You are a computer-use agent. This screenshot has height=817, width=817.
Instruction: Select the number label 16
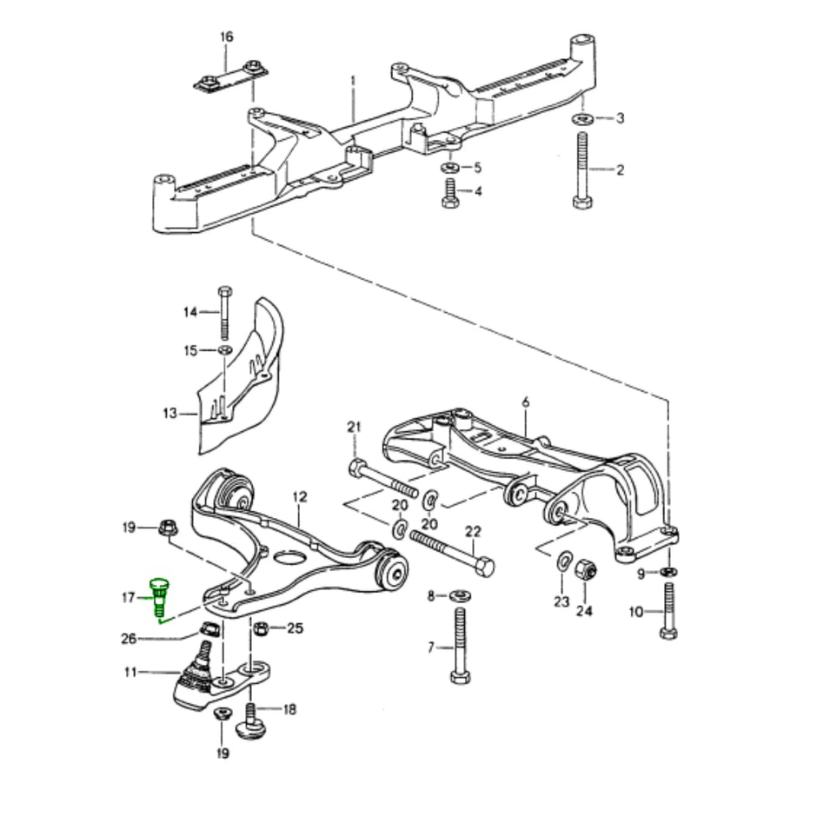[x=227, y=37]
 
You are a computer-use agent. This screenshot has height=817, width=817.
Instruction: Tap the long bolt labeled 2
[x=582, y=169]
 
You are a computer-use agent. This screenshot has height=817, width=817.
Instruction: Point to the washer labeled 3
[x=583, y=118]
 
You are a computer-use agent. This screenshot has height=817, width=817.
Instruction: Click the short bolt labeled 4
[x=451, y=190]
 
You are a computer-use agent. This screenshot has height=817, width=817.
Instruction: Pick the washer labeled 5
[x=451, y=166]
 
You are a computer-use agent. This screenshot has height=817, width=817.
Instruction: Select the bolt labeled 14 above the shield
[x=224, y=312]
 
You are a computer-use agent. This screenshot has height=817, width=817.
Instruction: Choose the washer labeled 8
[x=459, y=596]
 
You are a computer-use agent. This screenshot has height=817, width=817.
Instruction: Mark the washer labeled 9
[x=668, y=572]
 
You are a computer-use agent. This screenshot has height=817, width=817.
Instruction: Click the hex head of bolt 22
[x=485, y=567]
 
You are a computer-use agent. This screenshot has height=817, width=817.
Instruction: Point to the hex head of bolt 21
[x=357, y=468]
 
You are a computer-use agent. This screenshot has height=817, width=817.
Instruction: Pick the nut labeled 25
[x=259, y=627]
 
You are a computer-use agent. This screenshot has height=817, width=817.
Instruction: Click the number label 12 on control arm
[x=300, y=497]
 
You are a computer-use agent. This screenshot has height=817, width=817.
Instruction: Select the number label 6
[x=525, y=402]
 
